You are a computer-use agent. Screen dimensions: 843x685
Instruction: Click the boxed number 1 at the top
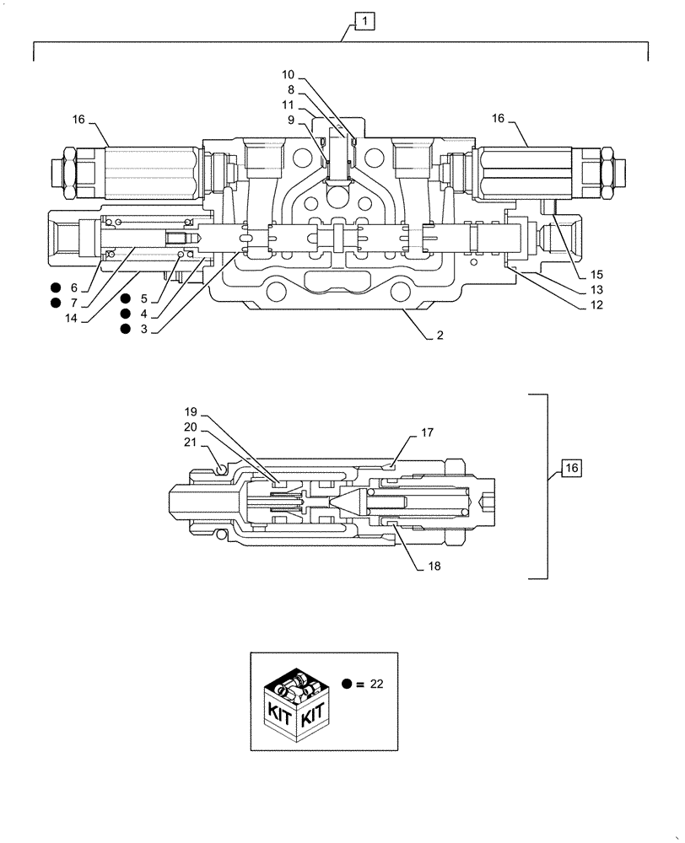pos(362,21)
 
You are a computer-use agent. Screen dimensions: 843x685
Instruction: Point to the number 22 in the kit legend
pos(376,685)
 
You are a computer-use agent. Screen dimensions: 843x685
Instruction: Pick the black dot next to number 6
pos(56,288)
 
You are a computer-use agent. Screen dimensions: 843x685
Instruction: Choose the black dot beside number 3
pos(125,329)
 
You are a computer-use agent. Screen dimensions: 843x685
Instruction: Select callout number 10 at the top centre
pos(289,74)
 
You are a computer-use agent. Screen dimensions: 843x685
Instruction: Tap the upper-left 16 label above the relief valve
pos(78,120)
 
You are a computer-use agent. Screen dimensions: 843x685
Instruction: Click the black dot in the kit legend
pos(348,685)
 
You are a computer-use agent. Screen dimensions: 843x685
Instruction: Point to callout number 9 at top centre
pos(291,120)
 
